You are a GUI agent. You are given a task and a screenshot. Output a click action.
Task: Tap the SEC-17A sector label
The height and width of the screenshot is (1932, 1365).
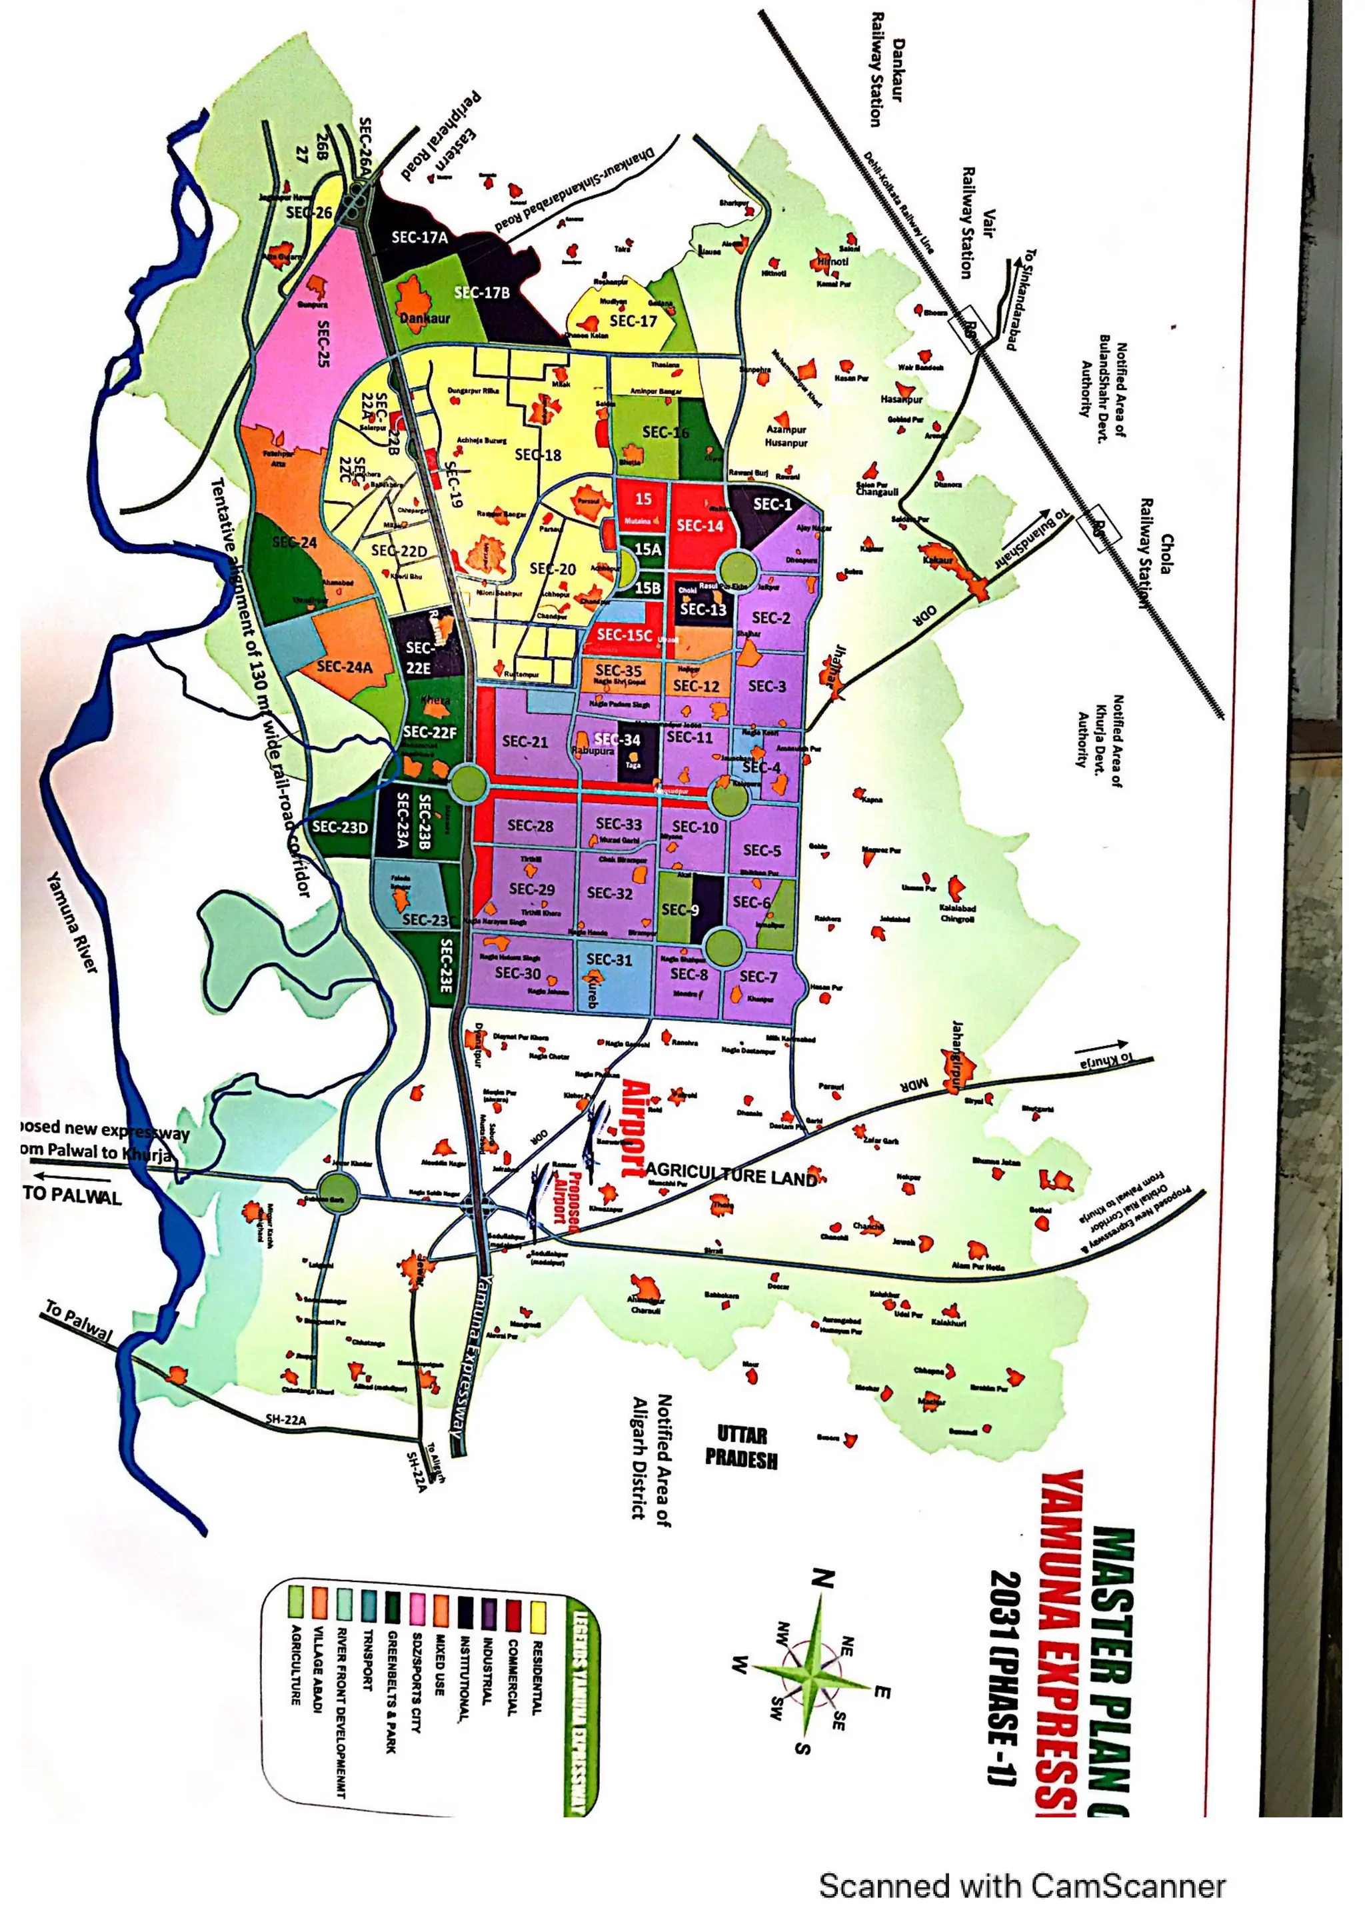click(x=420, y=237)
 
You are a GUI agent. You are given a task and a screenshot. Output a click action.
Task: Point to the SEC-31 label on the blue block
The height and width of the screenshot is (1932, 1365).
click(x=609, y=959)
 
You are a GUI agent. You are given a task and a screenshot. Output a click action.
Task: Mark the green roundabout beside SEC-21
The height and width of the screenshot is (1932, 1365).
click(x=469, y=783)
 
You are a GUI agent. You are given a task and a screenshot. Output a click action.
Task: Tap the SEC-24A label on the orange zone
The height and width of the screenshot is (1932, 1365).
click(x=344, y=667)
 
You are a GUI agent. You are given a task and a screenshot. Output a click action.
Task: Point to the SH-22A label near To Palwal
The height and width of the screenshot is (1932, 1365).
click(x=287, y=1419)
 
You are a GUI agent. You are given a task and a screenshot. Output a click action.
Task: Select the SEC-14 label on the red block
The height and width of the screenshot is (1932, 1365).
click(x=700, y=526)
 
